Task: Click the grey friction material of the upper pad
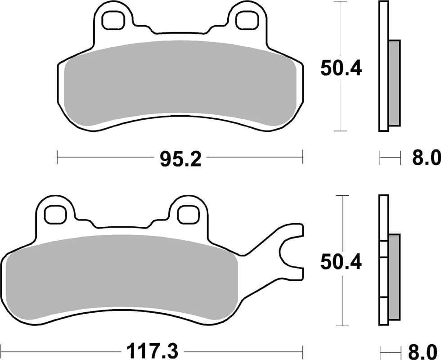click(180, 85)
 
